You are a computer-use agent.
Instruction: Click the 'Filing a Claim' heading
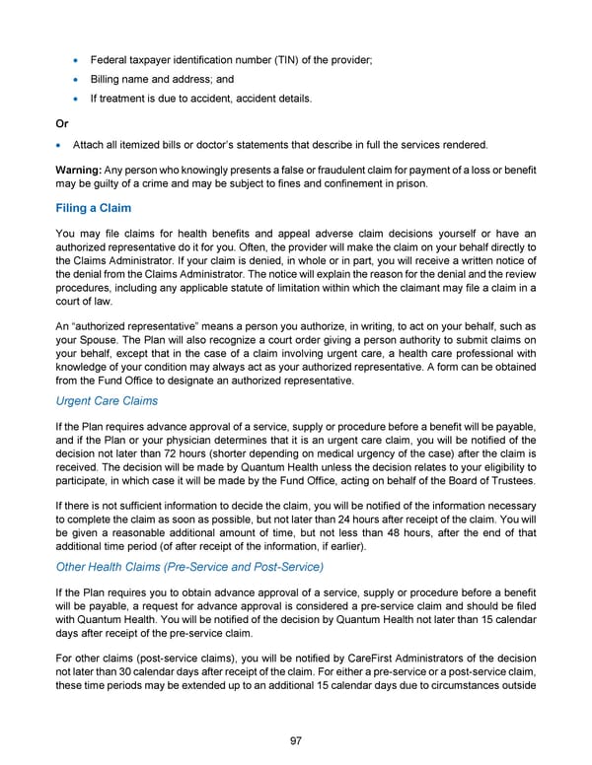(x=95, y=208)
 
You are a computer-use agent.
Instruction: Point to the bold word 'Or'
(x=62, y=123)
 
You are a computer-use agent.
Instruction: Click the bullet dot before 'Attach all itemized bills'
(x=61, y=145)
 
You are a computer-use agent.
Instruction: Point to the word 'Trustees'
(x=510, y=483)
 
